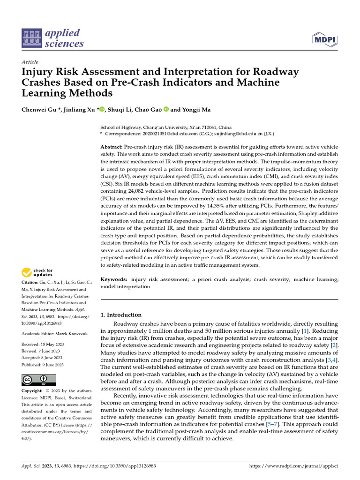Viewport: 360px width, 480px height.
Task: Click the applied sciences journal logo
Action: pos(52,38)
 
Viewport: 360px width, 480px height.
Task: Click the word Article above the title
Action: pos(30,62)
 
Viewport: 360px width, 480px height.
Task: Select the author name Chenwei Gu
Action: pos(40,110)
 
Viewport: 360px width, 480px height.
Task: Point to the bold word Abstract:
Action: pos(112,147)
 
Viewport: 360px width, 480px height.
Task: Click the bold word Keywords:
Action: pos(114,279)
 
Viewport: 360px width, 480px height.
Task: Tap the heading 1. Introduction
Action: pos(121,315)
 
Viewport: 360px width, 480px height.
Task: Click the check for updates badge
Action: pos(37,272)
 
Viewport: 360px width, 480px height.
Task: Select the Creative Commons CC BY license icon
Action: pos(38,380)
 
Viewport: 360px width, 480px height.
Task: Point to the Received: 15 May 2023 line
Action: pos(43,345)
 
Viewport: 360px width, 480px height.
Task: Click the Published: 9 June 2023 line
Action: pos(43,365)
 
